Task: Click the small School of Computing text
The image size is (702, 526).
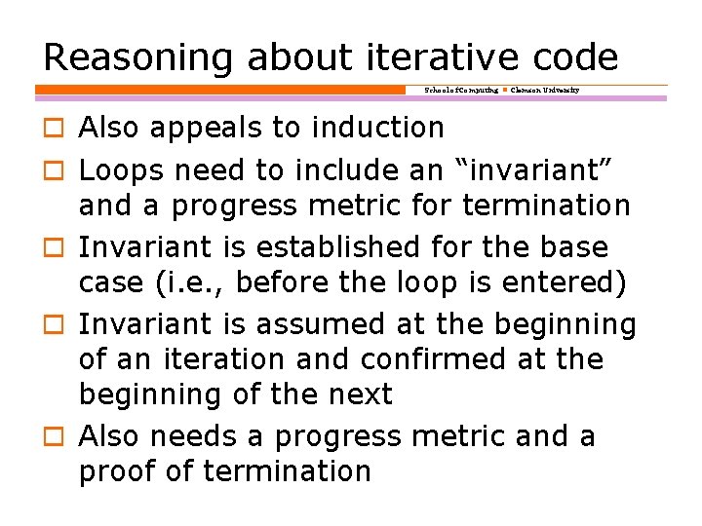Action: [460, 90]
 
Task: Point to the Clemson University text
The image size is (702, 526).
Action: [545, 90]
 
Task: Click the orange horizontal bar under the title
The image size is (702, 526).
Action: [219, 90]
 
